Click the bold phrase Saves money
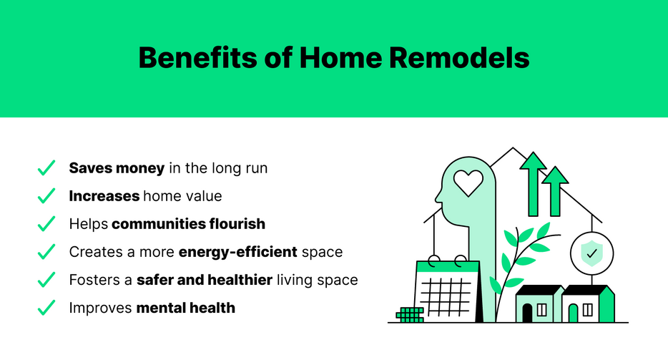116,169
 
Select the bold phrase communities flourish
188,224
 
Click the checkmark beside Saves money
46,169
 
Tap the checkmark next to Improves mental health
46,308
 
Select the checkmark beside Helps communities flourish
46,224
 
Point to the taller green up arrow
532,183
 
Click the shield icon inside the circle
591,253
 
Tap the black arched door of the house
528,312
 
